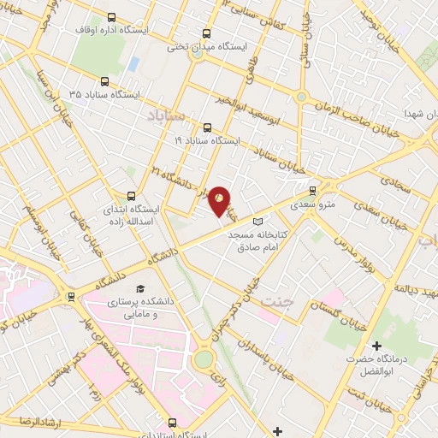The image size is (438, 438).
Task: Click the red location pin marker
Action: click(219, 200)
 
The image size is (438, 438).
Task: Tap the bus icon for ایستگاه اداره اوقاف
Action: click(112, 17)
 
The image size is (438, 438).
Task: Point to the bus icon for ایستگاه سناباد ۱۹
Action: click(206, 127)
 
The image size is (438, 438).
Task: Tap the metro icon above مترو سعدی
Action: click(312, 191)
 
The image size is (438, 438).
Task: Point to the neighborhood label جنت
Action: click(276, 302)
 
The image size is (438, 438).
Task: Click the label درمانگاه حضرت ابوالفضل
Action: click(377, 366)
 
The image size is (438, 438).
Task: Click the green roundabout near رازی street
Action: click(203, 360)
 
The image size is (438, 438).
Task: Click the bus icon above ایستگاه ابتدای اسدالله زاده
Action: click(131, 196)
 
